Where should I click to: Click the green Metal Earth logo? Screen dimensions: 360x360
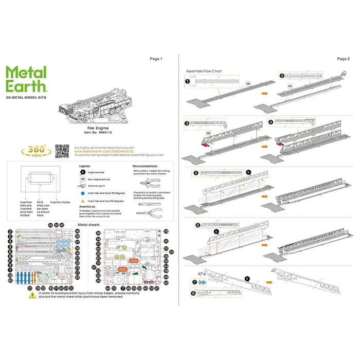27,80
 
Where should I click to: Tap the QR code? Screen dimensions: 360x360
62,151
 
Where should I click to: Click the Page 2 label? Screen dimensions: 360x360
343,59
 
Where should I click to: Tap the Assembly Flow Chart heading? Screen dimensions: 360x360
204,71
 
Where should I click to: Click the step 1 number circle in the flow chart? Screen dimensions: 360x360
188,80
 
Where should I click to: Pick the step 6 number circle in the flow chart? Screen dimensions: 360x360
198,225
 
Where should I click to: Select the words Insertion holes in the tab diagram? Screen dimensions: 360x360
60,202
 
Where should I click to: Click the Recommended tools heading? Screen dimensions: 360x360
146,166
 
